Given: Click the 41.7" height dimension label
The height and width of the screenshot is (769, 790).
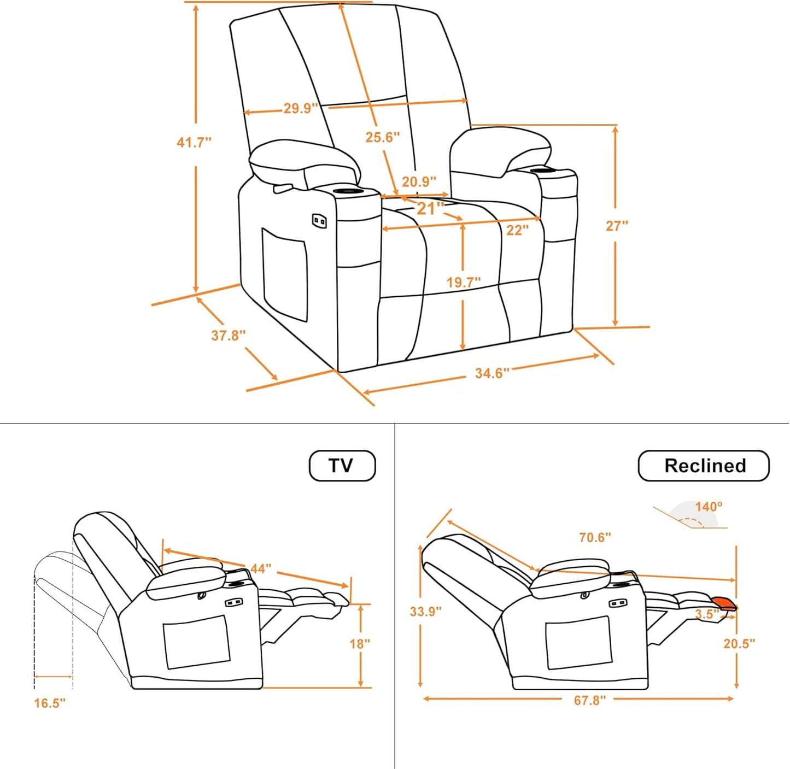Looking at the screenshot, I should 194,143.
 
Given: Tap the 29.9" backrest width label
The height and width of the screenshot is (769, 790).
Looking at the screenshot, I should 300,108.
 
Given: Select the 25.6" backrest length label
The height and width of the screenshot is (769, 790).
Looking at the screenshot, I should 383,137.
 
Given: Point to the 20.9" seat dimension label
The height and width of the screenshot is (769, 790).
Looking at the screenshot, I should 419,181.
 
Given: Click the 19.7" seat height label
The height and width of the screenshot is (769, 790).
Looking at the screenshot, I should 464,283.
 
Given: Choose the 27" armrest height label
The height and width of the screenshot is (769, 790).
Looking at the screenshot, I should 617,225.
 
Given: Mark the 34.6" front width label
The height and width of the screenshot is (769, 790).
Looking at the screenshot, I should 492,373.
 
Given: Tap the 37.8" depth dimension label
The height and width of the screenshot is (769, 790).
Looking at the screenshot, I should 229,335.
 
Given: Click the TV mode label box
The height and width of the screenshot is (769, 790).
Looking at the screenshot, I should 342,466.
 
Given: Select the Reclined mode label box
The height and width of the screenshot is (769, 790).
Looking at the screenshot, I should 704,466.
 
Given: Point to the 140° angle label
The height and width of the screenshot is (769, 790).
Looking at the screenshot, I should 709,507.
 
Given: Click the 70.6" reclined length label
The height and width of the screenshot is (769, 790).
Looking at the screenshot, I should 595,537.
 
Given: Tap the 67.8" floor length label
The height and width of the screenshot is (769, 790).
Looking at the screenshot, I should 590,700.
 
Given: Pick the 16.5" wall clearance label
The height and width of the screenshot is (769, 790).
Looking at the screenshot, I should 50,703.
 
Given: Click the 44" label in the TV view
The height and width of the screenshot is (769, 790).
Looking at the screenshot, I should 261,568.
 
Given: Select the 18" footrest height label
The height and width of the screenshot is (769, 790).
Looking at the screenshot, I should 360,644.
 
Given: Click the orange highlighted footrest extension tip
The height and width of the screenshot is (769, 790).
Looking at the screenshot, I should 727,603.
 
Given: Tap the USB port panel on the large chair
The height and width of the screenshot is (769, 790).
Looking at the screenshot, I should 319,221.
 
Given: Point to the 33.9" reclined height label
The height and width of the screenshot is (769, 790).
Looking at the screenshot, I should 425,611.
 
